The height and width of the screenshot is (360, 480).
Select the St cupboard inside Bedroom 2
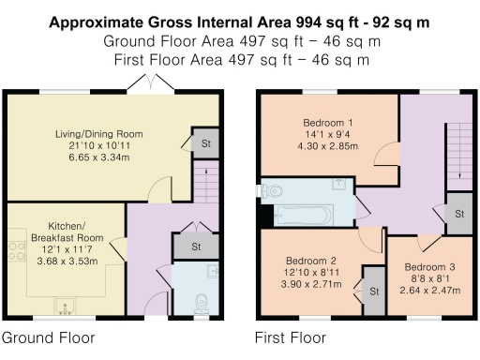pos(374,292)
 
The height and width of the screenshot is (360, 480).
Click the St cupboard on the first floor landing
pos(458,214)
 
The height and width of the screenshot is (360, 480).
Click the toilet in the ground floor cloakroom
pos(201,301)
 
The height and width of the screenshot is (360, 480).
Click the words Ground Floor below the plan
pos(47,337)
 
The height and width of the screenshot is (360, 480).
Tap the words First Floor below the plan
pos(291,337)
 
